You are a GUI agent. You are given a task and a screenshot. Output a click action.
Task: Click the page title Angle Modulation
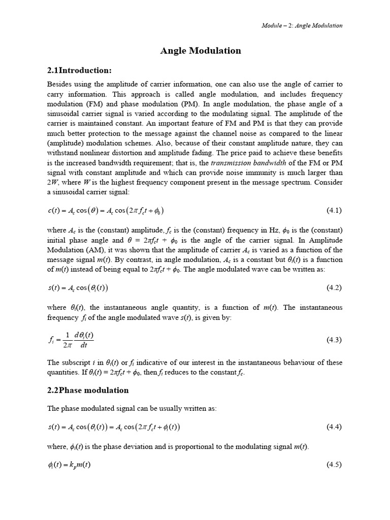pyautogui.click(x=201, y=50)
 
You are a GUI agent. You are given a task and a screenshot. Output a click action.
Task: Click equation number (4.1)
pyautogui.click(x=334, y=210)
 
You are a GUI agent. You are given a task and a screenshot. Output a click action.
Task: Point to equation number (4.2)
pyautogui.click(x=334, y=288)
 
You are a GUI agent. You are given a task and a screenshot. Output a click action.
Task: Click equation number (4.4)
pyautogui.click(x=334, y=427)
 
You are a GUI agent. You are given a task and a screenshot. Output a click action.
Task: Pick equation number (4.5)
pyautogui.click(x=334, y=465)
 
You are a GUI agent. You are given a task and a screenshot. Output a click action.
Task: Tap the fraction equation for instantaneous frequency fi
pyautogui.click(x=71, y=340)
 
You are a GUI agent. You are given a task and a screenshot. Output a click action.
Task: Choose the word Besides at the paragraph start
pyautogui.click(x=59, y=84)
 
